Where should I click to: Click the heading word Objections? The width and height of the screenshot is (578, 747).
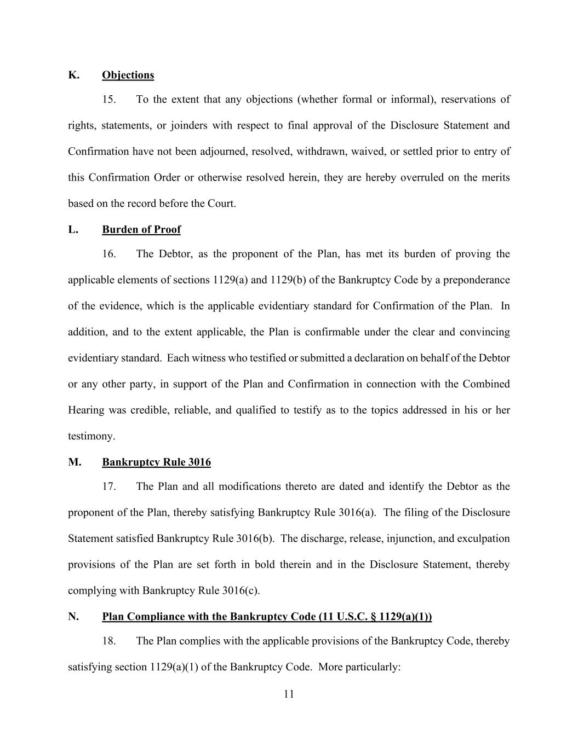128,75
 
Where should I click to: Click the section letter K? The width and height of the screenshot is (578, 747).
73,75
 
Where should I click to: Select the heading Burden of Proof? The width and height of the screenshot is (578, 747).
141,229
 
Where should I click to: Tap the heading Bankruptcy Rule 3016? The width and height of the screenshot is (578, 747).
156,462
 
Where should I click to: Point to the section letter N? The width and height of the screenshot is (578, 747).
73,617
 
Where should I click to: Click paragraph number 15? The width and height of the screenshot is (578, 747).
109,100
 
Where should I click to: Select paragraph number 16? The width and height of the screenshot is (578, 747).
109,254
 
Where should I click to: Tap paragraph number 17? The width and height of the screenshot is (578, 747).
109,487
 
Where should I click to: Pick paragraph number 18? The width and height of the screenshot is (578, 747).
109,641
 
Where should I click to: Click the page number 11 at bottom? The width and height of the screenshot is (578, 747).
289,694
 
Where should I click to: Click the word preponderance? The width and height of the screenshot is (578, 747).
476,280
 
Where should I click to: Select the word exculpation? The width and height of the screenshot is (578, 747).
483,538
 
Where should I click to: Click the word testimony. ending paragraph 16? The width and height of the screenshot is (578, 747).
91,436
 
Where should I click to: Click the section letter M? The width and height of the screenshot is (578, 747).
75,462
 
